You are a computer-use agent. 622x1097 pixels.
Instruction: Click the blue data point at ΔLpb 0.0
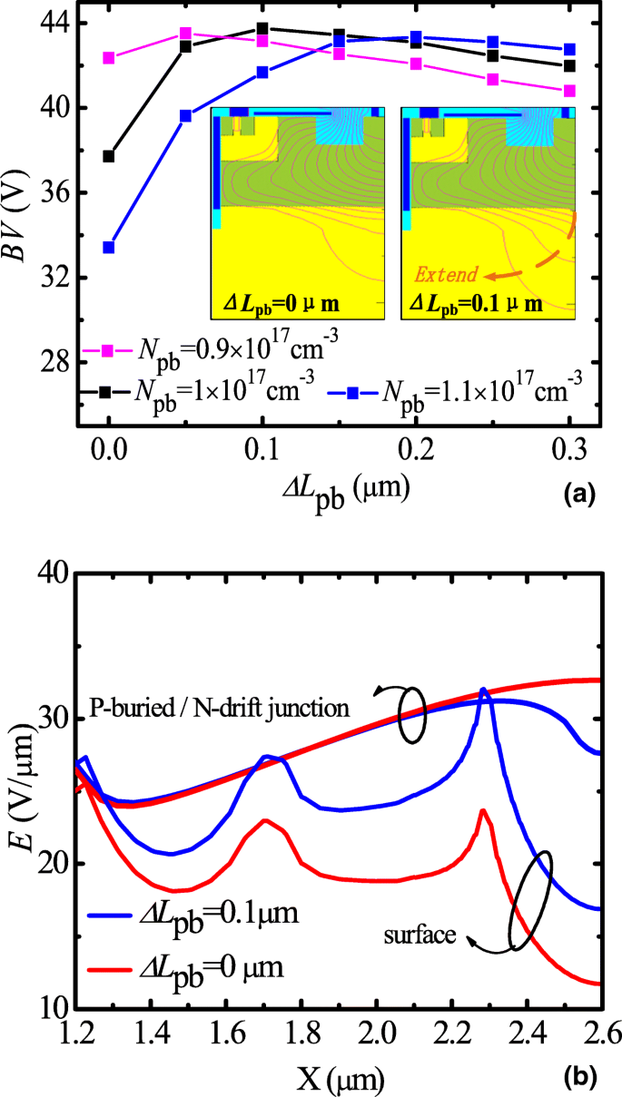pos(109,247)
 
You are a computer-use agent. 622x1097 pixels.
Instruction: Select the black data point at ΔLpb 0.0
pos(109,156)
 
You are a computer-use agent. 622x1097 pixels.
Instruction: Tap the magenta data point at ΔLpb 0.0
pos(109,58)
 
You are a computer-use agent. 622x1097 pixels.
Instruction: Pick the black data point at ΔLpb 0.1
pos(262,29)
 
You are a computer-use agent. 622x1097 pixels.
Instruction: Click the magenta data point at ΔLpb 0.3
pos(570,91)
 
